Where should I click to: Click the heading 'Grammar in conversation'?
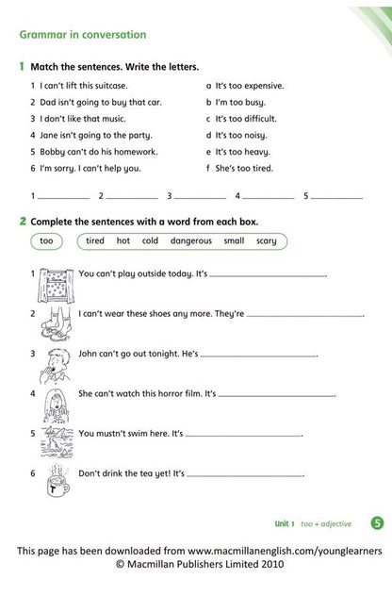tap(83, 35)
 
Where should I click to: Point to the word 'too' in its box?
tap(47, 241)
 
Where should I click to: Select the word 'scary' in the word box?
tap(267, 241)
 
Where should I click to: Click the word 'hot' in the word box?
tap(122, 241)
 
